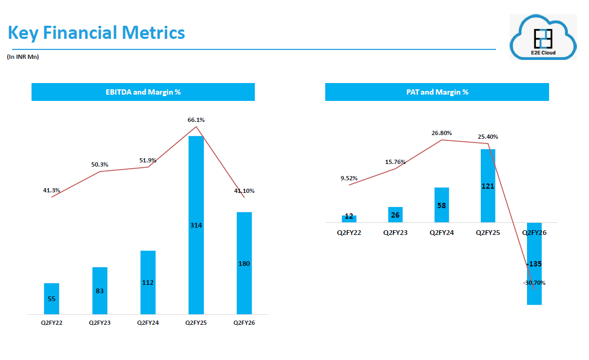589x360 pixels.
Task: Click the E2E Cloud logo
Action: point(543,37)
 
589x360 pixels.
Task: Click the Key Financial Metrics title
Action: point(96,33)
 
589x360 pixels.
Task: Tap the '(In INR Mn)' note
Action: point(23,57)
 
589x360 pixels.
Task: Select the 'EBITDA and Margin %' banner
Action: point(143,92)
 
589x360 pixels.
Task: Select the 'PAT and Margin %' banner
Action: point(437,92)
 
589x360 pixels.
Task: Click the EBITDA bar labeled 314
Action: point(196,225)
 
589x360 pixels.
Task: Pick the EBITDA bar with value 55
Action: point(51,299)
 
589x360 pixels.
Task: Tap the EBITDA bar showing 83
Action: point(100,291)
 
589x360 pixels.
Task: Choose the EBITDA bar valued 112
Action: point(148,282)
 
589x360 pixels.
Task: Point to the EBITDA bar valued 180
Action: point(244,263)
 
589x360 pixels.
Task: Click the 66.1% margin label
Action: point(196,120)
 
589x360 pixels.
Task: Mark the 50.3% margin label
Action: point(100,164)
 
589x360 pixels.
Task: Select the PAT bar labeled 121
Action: point(488,186)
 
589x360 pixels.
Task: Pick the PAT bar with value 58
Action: point(441,205)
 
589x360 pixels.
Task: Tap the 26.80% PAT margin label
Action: point(441,133)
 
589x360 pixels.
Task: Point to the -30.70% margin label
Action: point(534,283)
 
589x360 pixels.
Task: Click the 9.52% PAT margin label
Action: point(349,178)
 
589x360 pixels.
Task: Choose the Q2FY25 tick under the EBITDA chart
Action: point(196,323)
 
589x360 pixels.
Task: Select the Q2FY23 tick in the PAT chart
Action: point(395,232)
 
